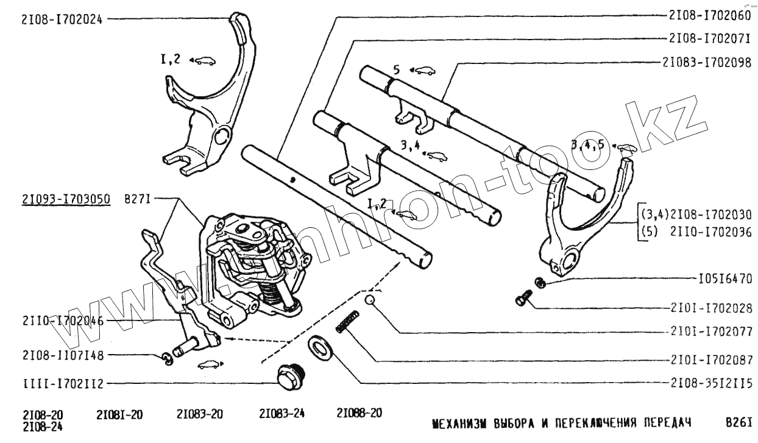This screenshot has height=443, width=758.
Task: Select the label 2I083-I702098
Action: tap(707, 62)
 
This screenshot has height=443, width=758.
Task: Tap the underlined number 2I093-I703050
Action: tap(65, 198)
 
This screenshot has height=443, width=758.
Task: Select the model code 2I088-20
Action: tap(359, 413)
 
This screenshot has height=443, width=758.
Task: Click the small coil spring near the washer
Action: tap(348, 321)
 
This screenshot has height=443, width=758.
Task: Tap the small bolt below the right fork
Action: tap(522, 299)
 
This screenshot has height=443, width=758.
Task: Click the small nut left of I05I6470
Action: tap(539, 282)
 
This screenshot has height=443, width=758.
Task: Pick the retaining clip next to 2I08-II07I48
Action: tap(167, 360)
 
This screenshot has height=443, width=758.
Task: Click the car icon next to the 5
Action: tap(423, 71)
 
